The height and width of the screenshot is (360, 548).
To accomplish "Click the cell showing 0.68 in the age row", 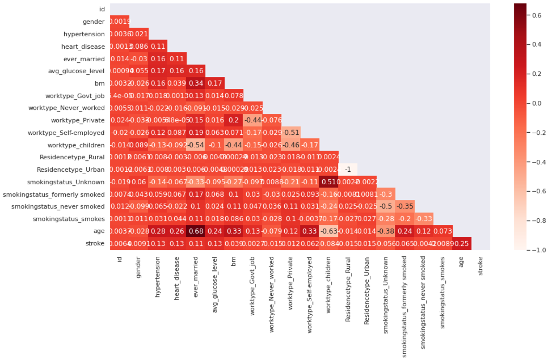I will pos(196,231).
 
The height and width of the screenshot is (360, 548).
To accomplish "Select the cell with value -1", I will pos(348,169).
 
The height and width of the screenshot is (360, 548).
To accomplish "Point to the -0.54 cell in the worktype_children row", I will pos(196,144).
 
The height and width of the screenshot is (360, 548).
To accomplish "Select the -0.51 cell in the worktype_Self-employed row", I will pos(290,132).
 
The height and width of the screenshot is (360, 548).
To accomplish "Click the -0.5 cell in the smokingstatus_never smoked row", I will pos(386,206).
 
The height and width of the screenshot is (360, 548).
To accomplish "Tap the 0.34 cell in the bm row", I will pos(196,83).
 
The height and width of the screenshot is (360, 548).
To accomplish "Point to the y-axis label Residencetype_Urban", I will pos(70,169).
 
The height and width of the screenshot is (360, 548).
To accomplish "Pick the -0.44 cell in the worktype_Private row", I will pos(252,120).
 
